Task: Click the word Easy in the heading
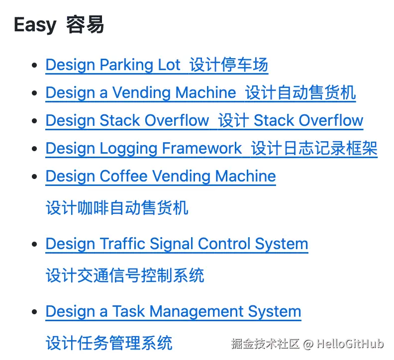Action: click(35, 25)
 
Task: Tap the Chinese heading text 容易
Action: click(85, 25)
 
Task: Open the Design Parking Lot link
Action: click(113, 65)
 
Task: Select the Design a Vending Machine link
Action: click(141, 93)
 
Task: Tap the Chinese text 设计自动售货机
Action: click(300, 93)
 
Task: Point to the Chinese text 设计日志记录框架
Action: click(314, 149)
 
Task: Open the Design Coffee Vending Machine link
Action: click(161, 177)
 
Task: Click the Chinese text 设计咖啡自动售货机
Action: click(117, 208)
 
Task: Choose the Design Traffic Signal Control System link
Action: click(177, 244)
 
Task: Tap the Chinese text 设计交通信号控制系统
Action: click(125, 275)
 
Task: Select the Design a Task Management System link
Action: click(173, 312)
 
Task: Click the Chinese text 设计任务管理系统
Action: click(109, 343)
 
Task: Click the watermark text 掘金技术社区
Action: click(265, 344)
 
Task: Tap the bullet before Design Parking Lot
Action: click(34, 66)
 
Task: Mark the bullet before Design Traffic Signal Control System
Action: click(34, 245)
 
